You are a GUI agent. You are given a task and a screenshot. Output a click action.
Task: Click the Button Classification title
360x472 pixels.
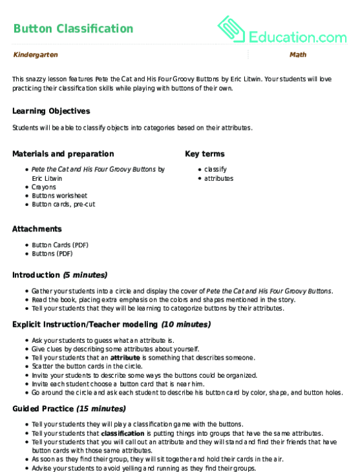pos(73,29)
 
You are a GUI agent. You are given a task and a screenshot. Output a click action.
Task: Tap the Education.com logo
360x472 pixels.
pos(282,30)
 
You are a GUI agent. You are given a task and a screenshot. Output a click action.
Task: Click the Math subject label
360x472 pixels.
pos(298,56)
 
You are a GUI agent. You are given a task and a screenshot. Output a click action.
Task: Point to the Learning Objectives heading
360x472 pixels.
pos(51,111)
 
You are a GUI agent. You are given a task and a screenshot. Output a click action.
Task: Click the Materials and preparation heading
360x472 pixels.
pos(63,154)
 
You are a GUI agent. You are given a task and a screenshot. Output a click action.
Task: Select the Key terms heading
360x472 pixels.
pos(205,154)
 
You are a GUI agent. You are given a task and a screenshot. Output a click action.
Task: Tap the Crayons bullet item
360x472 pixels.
pos(43,187)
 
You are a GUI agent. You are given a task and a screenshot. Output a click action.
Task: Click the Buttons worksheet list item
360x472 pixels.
pos(59,196)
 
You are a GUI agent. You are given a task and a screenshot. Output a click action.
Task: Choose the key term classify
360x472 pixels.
pos(215,169)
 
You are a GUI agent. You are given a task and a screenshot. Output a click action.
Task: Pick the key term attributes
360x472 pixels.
pos(218,178)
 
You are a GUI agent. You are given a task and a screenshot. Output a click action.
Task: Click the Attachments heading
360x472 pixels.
pos(37,229)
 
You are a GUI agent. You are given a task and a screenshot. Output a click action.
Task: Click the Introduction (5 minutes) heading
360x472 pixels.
pos(60,275)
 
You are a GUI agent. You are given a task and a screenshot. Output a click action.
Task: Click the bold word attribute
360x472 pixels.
pos(125,357)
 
